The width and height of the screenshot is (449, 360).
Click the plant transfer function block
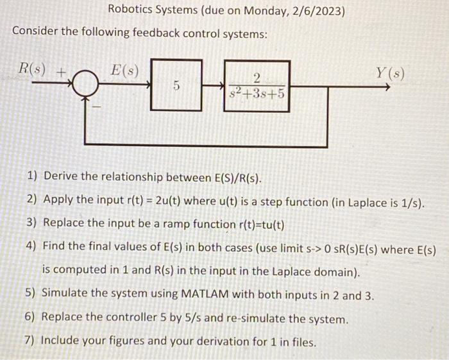coord(257,85)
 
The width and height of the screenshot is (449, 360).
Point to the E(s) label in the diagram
coord(123,68)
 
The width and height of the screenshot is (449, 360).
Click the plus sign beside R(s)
coord(62,72)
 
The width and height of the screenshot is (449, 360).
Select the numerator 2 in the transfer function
coord(257,78)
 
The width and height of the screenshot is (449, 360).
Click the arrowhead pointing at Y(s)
coord(386,84)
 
